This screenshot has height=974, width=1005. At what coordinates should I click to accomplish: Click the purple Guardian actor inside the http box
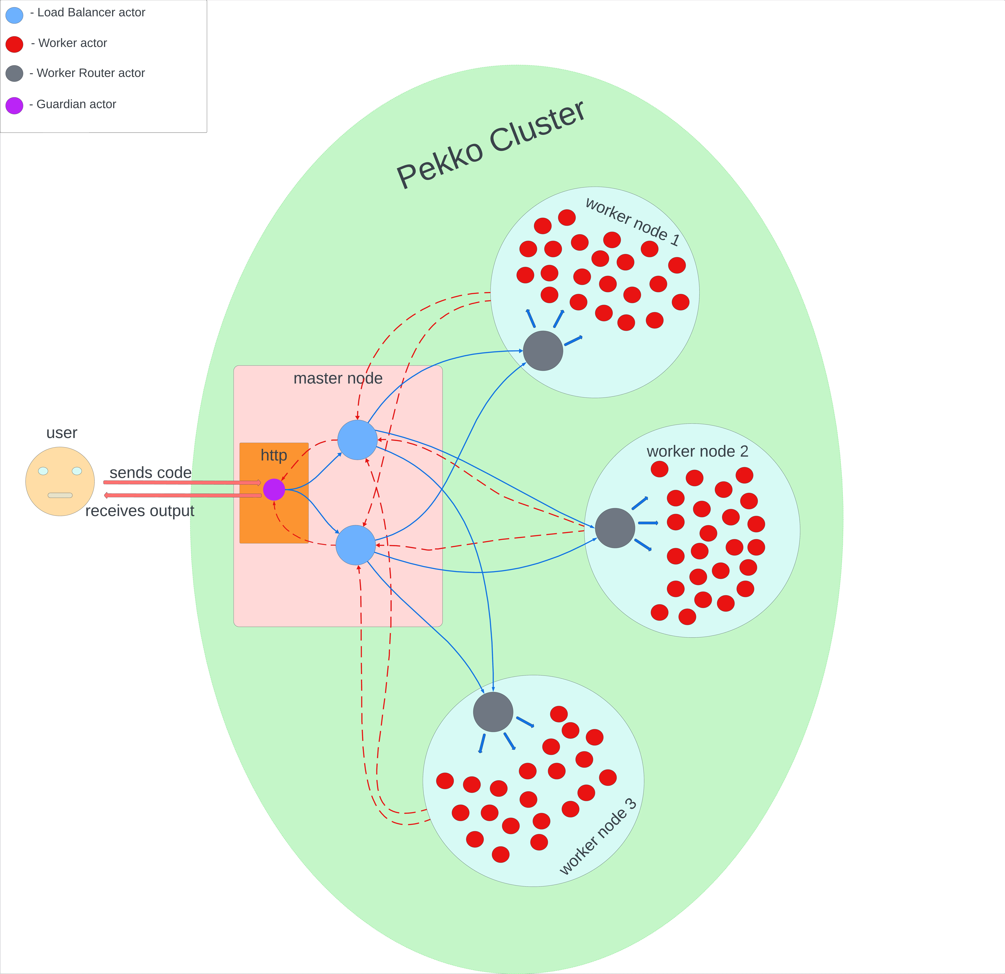(274, 489)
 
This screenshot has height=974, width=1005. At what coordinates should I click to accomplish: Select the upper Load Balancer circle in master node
(357, 440)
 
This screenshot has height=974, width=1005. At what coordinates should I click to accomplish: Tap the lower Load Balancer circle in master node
(356, 545)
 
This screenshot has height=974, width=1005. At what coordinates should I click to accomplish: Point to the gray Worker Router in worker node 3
(493, 712)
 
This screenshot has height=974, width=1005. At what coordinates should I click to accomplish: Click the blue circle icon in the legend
(14, 15)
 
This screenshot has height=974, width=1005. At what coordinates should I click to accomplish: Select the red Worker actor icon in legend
(14, 44)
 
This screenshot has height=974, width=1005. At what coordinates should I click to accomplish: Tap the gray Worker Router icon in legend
(14, 73)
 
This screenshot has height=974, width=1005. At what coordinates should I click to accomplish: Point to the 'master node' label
(338, 378)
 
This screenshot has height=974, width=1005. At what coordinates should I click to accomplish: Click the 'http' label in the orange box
(274, 455)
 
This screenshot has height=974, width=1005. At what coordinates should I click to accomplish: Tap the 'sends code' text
(150, 472)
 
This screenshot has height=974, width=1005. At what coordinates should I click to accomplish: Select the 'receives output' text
(139, 511)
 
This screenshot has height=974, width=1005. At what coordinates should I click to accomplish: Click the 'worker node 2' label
(697, 451)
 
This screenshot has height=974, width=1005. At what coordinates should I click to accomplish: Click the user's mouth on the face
(60, 495)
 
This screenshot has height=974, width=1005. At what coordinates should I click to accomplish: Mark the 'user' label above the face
(62, 433)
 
